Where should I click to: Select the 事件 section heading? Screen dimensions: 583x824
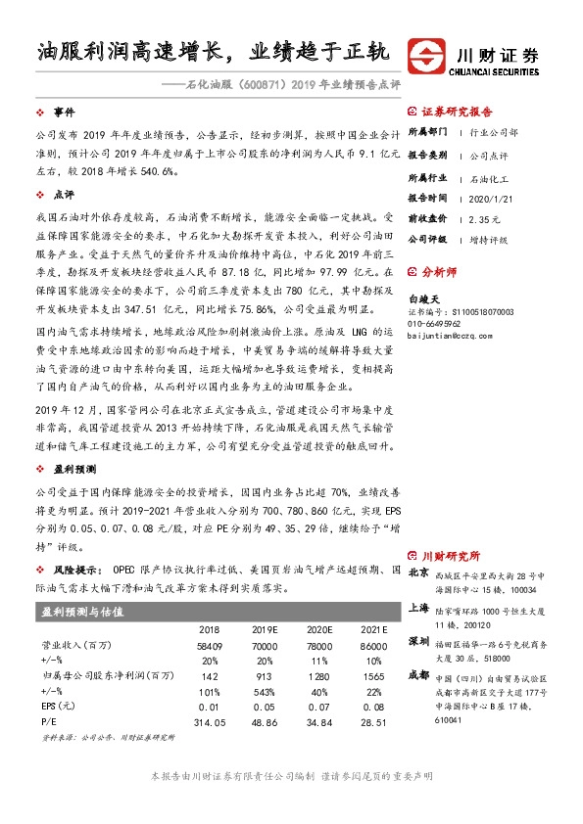click(x=64, y=113)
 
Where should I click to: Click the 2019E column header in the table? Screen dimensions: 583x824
click(x=266, y=630)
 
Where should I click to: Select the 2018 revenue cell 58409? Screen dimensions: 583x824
click(x=209, y=647)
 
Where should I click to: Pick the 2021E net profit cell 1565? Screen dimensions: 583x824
click(x=372, y=675)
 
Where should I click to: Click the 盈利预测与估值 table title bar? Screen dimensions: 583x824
click(x=217, y=611)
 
